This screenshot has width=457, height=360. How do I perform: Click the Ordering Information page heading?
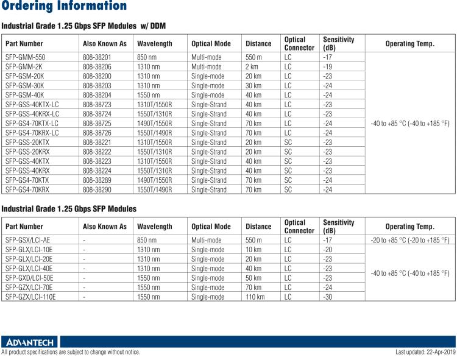[x=63, y=7]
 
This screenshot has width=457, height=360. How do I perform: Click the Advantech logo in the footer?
[x=29, y=342]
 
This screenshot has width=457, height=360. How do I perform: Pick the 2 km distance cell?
[x=252, y=66]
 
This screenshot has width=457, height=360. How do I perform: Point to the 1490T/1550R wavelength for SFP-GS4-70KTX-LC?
[x=155, y=123]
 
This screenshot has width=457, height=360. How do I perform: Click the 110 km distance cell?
[x=255, y=297]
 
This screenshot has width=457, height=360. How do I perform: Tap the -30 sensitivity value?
[x=327, y=297]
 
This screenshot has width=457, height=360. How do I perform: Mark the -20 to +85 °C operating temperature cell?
[x=409, y=240]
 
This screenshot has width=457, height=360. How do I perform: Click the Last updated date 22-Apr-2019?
[x=425, y=352]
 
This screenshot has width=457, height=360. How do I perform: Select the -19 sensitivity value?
[x=327, y=66]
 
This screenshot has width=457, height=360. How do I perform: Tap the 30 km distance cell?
[x=253, y=85]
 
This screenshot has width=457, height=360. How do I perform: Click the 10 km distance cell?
[x=253, y=250]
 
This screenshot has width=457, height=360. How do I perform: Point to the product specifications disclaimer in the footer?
[x=71, y=352]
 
